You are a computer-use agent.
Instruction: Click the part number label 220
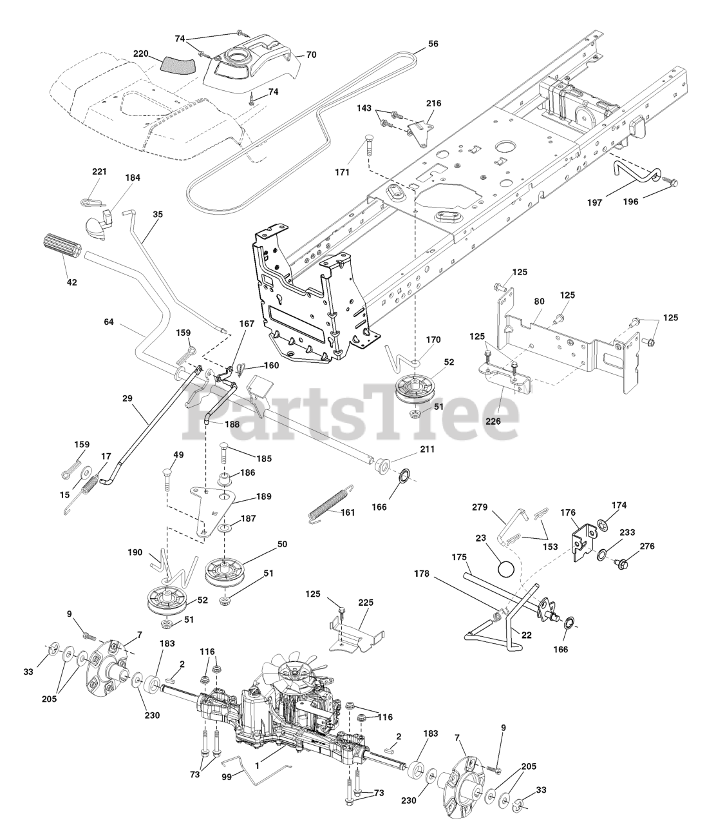pos(141,53)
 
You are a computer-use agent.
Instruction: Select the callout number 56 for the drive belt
pos(433,44)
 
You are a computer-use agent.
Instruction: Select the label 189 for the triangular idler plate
pos(263,496)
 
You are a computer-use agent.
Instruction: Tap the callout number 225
pos(365,603)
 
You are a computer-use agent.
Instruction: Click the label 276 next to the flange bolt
pos(647,547)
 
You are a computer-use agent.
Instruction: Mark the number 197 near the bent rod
pos(594,202)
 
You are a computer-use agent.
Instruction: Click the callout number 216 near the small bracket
pos(434,102)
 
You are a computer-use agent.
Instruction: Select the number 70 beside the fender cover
pos(310,55)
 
